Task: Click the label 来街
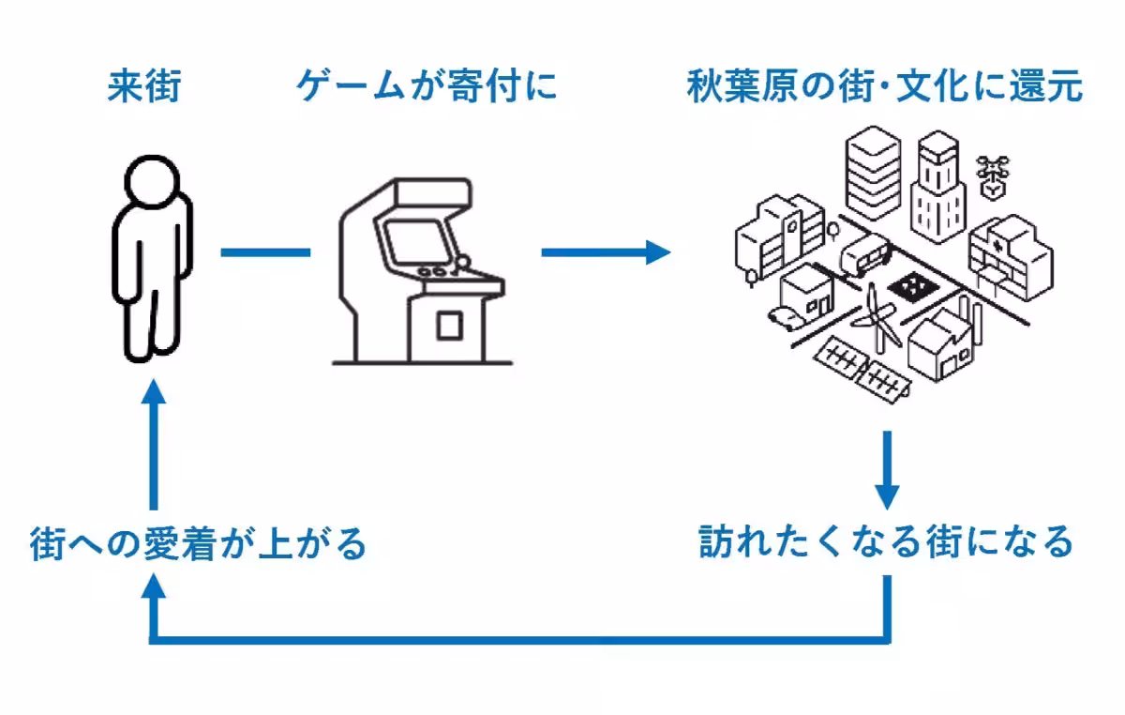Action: pyautogui.click(x=142, y=87)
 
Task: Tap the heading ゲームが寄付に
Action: pyautogui.click(x=427, y=87)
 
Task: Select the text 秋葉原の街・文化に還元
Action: pyautogui.click(x=884, y=87)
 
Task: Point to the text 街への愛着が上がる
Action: pyautogui.click(x=198, y=543)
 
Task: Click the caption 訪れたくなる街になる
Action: pyautogui.click(x=886, y=541)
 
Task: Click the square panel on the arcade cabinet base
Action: pyautogui.click(x=449, y=326)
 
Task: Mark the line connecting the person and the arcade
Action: pyautogui.click(x=265, y=251)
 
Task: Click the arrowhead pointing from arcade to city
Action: pyautogui.click(x=656, y=251)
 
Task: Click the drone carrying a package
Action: pyautogui.click(x=993, y=176)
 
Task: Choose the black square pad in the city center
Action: pyautogui.click(x=908, y=287)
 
